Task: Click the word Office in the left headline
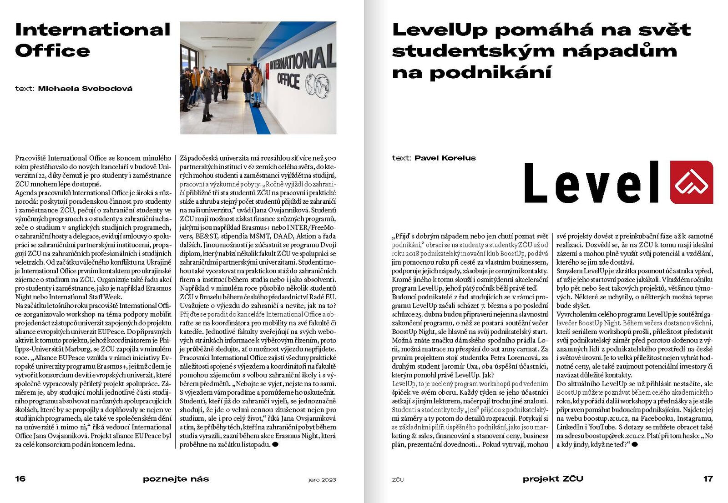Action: click(52, 51)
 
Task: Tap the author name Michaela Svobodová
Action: click(85, 89)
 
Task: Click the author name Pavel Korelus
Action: click(445, 158)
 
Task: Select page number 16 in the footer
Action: click(20, 478)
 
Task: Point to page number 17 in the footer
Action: click(708, 478)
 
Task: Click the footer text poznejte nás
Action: click(176, 479)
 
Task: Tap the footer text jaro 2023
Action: click(322, 480)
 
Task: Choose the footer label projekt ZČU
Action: click(552, 479)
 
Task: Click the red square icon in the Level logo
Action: click(691, 182)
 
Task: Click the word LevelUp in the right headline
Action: click(440, 30)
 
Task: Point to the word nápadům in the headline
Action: click(619, 51)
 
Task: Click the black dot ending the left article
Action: click(275, 444)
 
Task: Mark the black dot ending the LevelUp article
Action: click(635, 444)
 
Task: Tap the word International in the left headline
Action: click(93, 30)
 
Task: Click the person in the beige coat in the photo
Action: click(257, 84)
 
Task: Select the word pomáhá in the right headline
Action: click(544, 30)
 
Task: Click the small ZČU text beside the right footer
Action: click(398, 480)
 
